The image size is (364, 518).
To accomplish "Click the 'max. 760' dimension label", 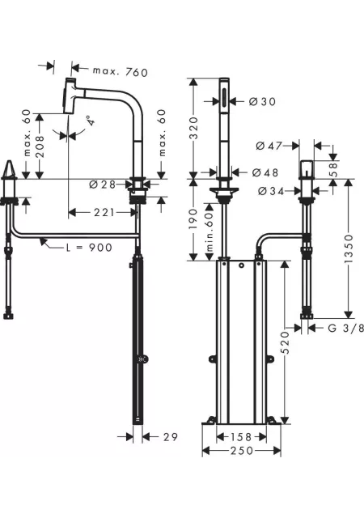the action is click(121, 72).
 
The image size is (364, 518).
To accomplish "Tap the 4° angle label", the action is click(92, 121).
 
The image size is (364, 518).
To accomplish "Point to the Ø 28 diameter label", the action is click(103, 185).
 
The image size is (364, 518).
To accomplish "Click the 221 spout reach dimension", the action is click(104, 212).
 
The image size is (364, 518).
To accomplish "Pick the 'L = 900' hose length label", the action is click(90, 247).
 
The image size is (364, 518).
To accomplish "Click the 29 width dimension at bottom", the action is click(171, 437).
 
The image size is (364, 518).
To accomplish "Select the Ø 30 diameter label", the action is click(262, 101).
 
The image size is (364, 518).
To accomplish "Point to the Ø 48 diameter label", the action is click(265, 172).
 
